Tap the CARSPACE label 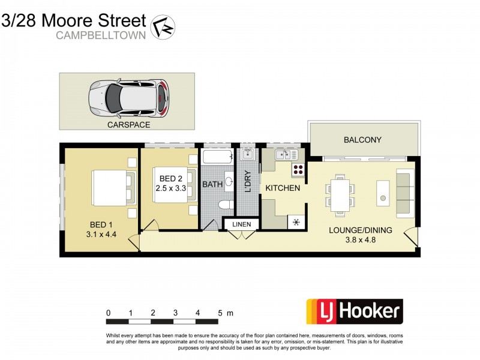(128, 125)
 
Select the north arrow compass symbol (162, 27)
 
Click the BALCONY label (362, 140)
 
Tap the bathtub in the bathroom (217, 157)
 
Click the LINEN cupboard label (241, 224)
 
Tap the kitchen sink (281, 155)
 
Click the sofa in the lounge (405, 193)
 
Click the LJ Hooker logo (355, 311)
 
